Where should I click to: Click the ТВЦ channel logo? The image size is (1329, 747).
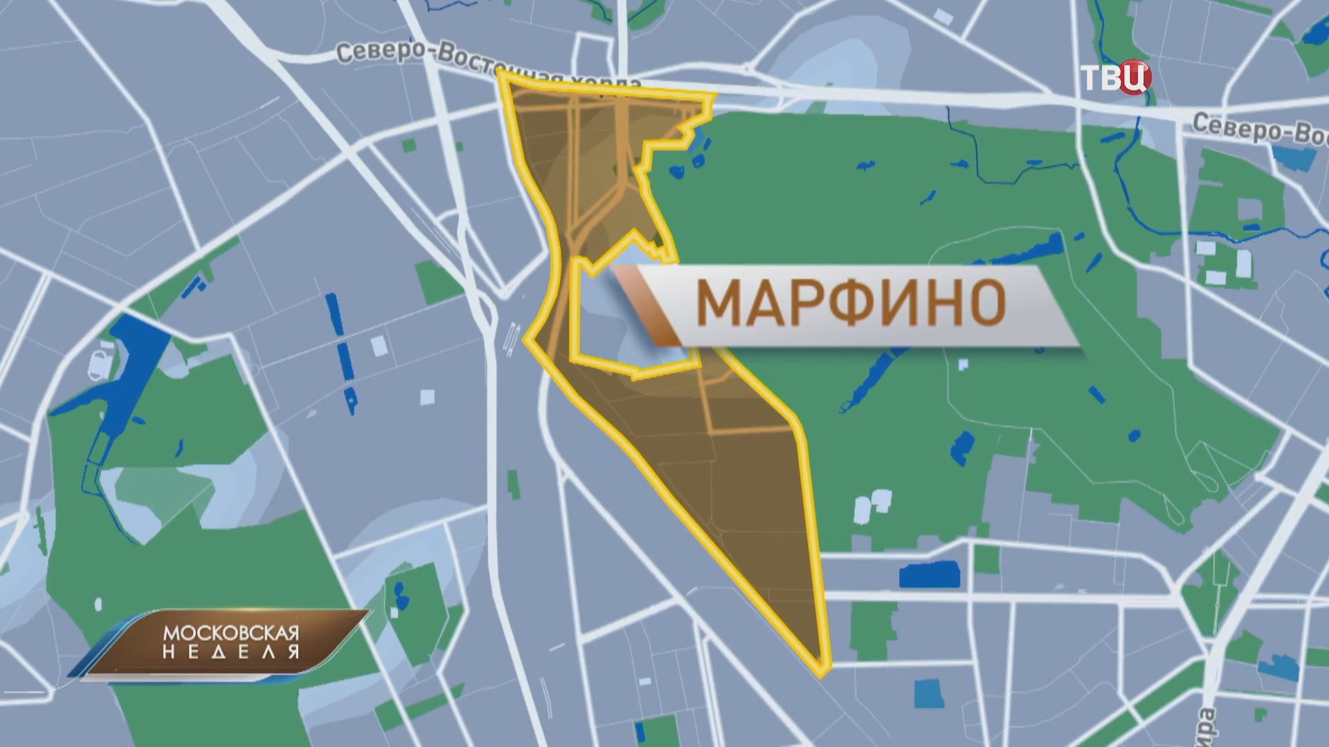[x=1115, y=78]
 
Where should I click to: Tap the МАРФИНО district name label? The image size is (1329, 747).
[x=851, y=304]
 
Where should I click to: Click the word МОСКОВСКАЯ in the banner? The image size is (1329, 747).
[x=230, y=633]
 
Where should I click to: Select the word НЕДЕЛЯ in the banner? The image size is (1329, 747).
[x=230, y=652]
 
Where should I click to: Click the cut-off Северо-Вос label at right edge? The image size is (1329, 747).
[x=1260, y=129]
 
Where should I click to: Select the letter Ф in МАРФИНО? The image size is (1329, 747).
[x=853, y=304]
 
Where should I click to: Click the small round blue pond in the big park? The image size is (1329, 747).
[x=1134, y=436]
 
